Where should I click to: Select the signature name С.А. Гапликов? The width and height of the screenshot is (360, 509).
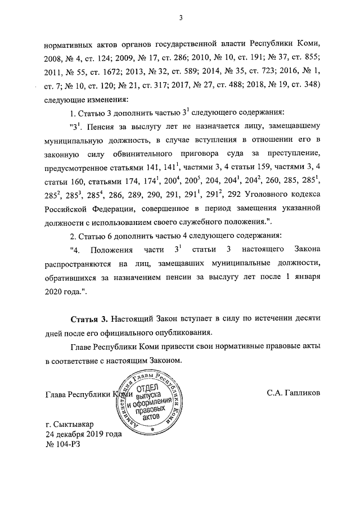pos(294,393)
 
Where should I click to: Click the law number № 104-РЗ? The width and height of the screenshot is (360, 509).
pos(62,444)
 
